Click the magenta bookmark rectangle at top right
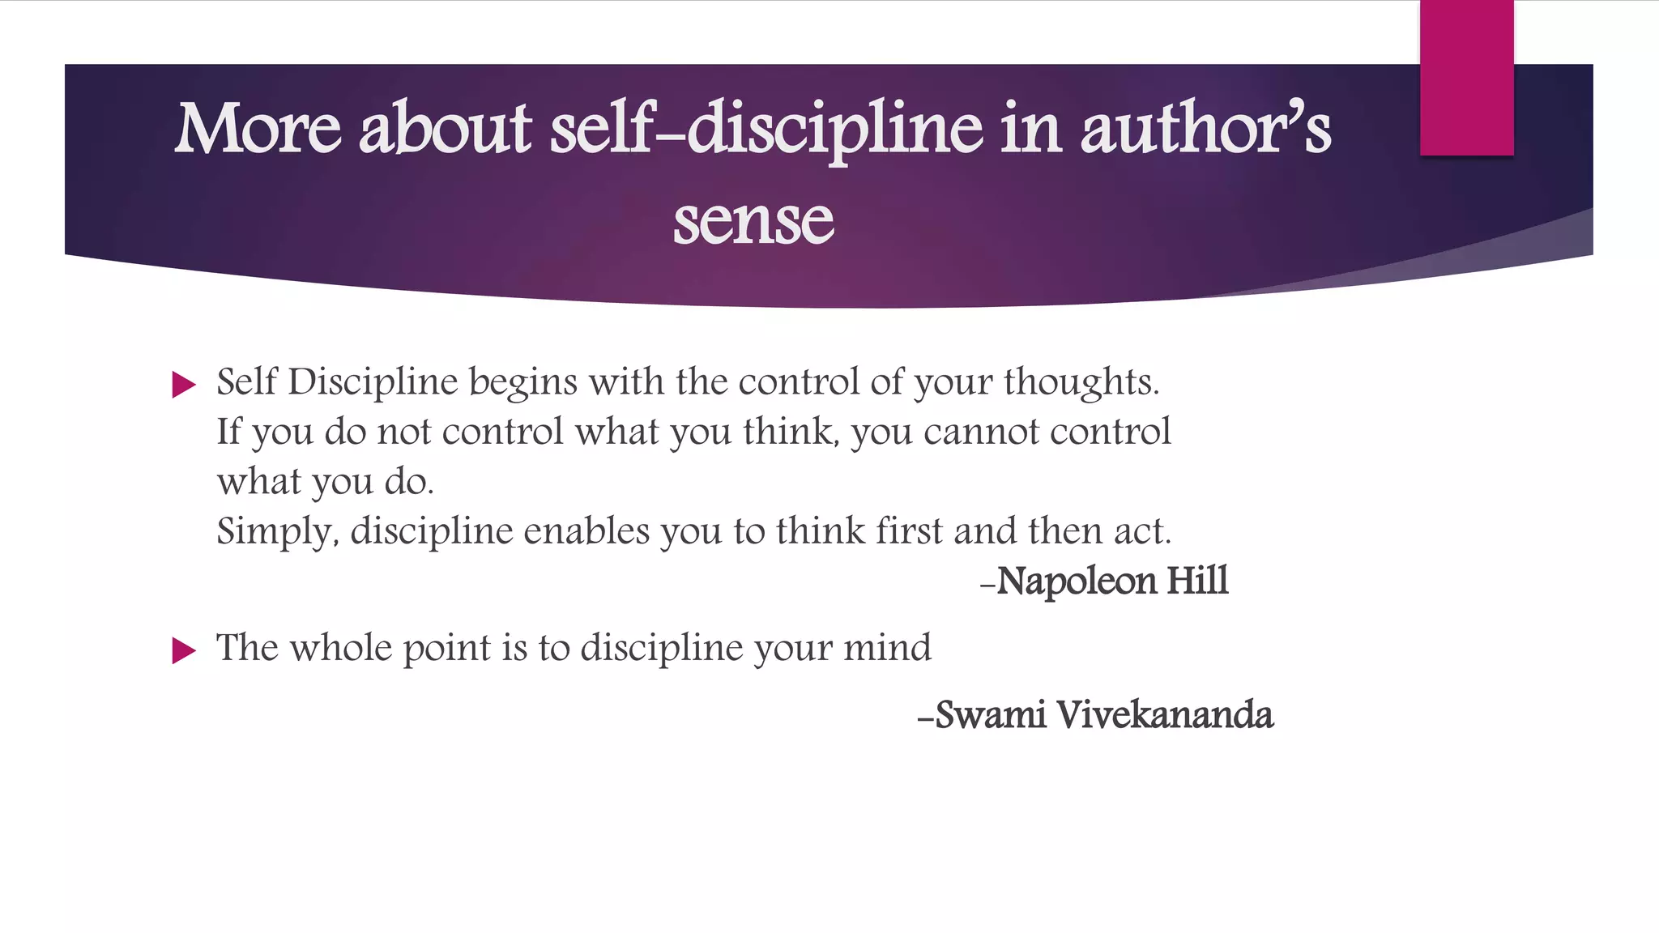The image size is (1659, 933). (1466, 78)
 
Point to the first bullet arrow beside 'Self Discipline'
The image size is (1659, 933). (184, 385)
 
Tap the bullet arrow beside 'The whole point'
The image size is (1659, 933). (184, 650)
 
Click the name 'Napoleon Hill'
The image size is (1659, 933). (1111, 581)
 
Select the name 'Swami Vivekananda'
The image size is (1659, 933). (1103, 714)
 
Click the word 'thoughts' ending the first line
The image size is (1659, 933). (1080, 382)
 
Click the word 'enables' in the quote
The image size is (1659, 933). (586, 532)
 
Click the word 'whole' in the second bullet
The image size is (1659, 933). (340, 648)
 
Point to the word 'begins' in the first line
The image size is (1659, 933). (523, 382)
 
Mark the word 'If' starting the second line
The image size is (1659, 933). (228, 432)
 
